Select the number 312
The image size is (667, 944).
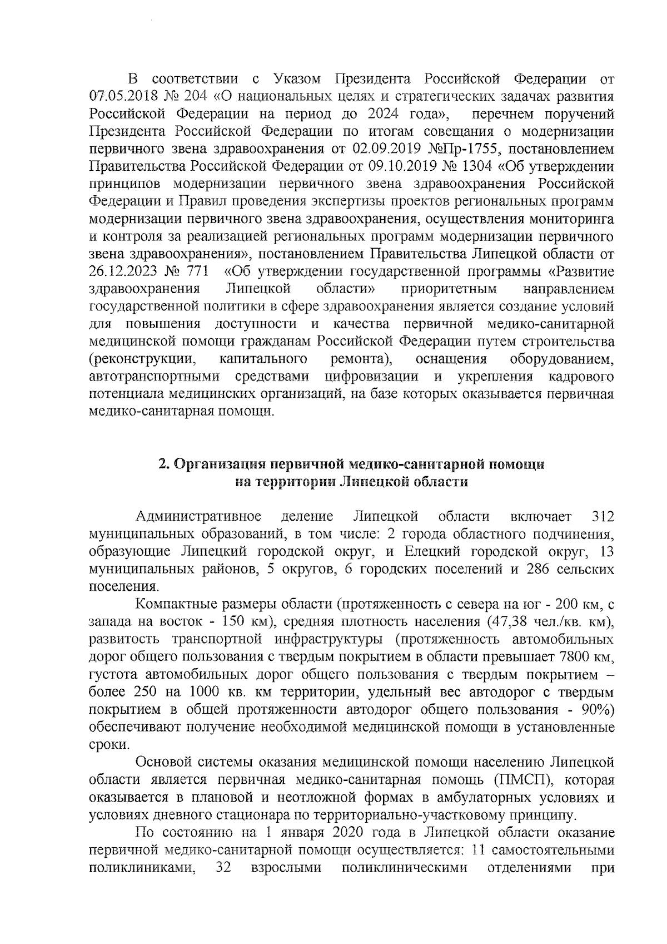pos(603,517)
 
